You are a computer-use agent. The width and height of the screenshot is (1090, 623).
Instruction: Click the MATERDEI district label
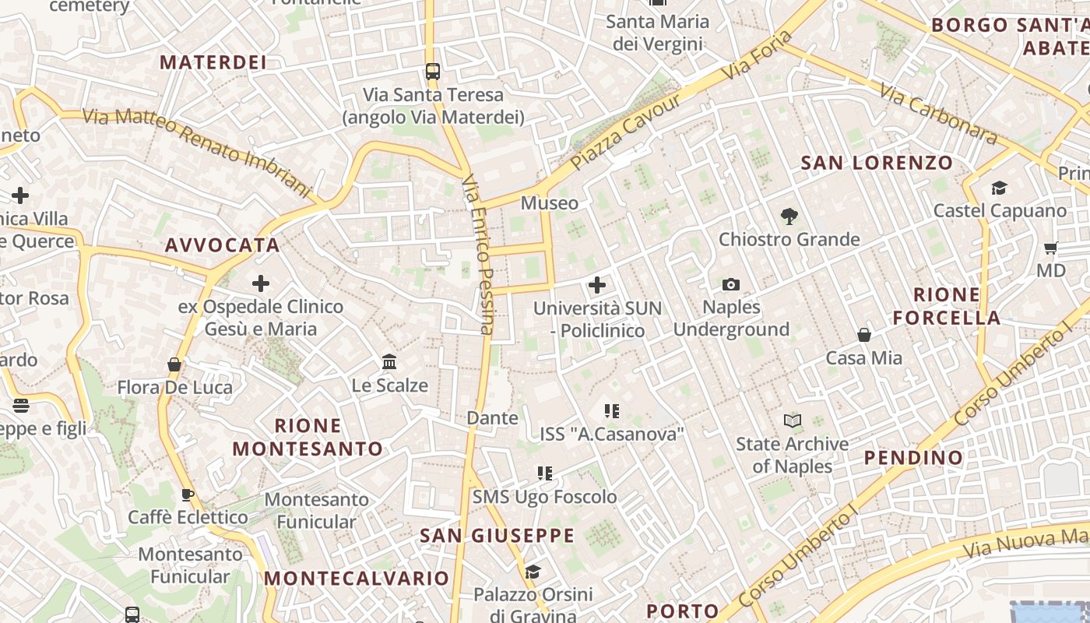213,62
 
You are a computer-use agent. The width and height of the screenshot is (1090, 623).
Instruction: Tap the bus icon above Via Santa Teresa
433,72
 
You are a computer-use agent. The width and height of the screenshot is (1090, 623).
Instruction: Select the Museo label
550,203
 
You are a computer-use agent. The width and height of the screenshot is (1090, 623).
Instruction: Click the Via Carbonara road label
938,114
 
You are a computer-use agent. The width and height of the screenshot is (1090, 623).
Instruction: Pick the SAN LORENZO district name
877,163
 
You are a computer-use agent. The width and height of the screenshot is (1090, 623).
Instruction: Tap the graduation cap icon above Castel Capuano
999,188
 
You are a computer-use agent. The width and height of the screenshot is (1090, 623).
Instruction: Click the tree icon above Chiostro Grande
789,216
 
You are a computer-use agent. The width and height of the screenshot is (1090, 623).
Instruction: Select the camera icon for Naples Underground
730,284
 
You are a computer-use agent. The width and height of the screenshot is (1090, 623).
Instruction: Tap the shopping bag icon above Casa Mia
863,335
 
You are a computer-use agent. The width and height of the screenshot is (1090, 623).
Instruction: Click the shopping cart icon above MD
1050,248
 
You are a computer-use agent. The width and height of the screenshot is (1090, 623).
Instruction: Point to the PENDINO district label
914,457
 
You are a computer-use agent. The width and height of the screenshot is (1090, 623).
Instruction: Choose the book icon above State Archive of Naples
792,421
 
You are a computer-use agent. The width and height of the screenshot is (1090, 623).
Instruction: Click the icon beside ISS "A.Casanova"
611,410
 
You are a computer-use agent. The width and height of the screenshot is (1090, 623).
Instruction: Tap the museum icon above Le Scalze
389,362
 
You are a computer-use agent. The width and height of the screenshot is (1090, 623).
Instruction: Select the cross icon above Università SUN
597,285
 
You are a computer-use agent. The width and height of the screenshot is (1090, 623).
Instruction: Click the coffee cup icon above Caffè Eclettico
188,495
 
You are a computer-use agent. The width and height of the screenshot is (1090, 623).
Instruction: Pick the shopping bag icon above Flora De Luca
174,364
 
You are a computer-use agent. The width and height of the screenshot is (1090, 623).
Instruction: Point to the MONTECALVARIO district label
357,578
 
